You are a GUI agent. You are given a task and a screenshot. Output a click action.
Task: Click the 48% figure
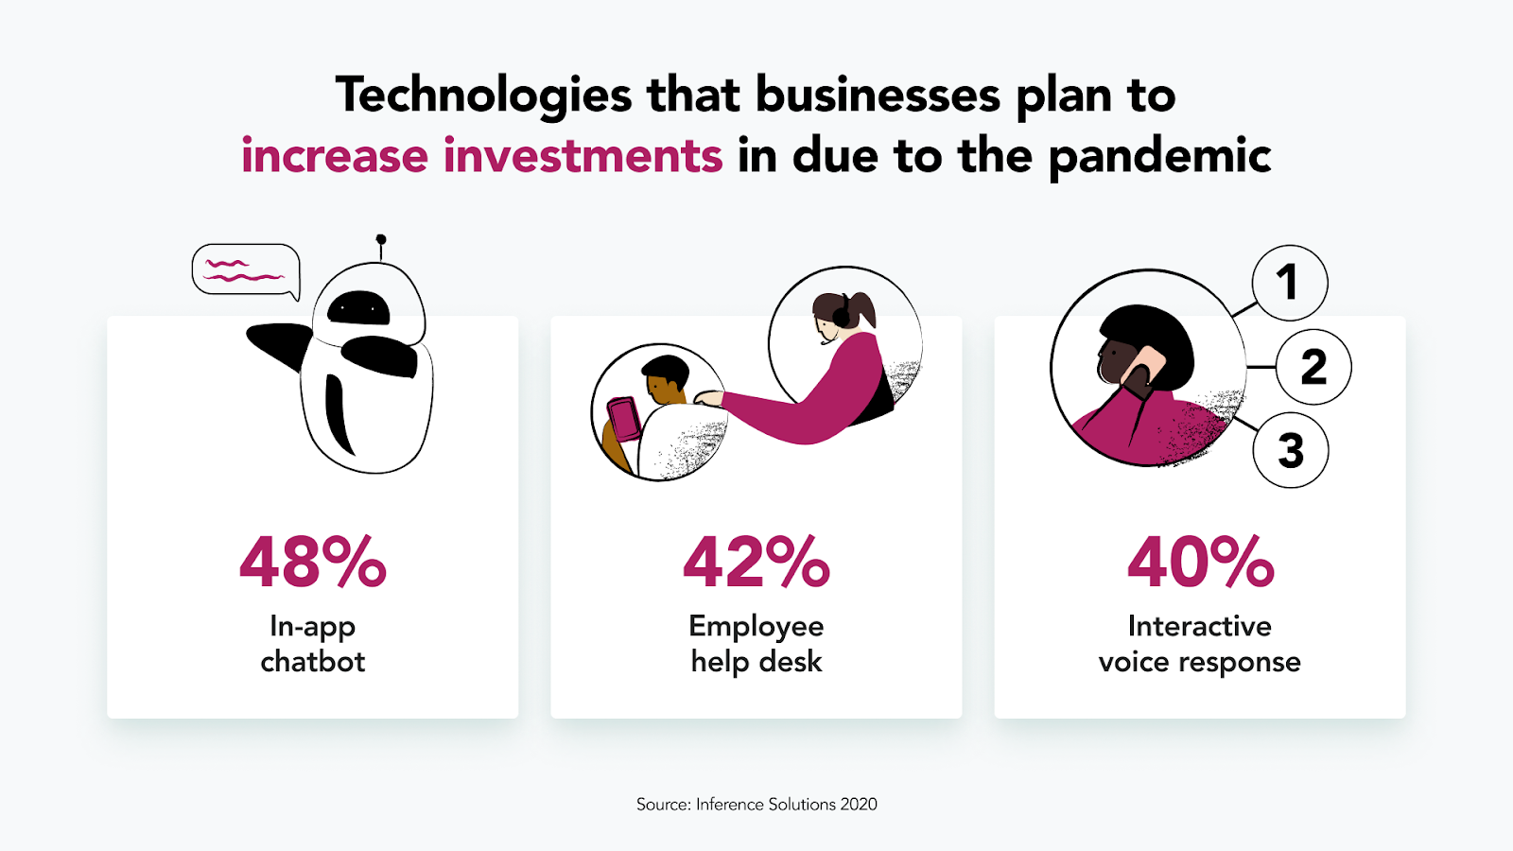pyautogui.click(x=313, y=562)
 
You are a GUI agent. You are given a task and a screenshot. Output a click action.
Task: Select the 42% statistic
pyautogui.click(x=756, y=562)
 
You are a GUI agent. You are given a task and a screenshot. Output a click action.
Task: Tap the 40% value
pyautogui.click(x=1200, y=562)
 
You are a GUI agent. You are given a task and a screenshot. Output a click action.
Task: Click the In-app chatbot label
pyautogui.click(x=313, y=644)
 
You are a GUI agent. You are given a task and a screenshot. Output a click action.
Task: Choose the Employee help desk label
pyautogui.click(x=756, y=644)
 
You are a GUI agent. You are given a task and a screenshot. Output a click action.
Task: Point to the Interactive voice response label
pyautogui.click(x=1200, y=644)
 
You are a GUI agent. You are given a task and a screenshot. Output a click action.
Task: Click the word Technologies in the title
pyautogui.click(x=483, y=96)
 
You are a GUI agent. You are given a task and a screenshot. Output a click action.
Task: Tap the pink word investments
pyautogui.click(x=583, y=155)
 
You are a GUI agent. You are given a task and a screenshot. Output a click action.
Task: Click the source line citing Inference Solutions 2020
pyautogui.click(x=756, y=805)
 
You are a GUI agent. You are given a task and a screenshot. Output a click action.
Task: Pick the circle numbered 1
pyautogui.click(x=1290, y=283)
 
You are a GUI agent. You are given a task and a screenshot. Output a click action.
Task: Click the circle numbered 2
pyautogui.click(x=1313, y=367)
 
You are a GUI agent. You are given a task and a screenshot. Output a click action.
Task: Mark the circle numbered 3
pyautogui.click(x=1290, y=450)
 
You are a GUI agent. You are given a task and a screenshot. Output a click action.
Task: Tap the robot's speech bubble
pyautogui.click(x=246, y=270)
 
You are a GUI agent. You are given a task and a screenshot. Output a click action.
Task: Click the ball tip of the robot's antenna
pyautogui.click(x=381, y=239)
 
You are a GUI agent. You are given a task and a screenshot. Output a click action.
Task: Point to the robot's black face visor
pyautogui.click(x=358, y=308)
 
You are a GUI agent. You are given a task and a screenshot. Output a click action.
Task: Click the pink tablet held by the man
pyautogui.click(x=623, y=420)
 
